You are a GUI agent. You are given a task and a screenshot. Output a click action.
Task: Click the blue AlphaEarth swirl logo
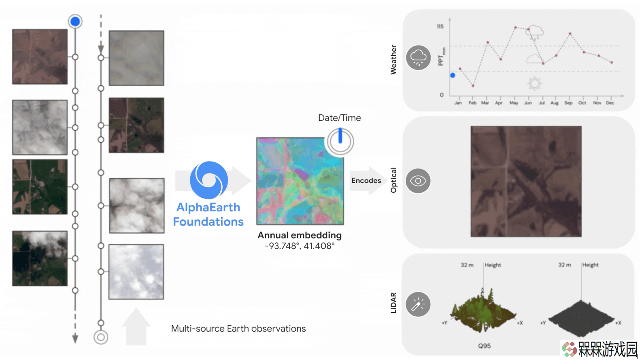click(x=209, y=180)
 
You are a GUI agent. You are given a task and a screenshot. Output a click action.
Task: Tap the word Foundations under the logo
click(x=208, y=222)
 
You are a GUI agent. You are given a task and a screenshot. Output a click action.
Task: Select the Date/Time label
click(x=340, y=118)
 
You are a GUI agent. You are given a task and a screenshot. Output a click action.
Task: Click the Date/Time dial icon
click(x=340, y=141)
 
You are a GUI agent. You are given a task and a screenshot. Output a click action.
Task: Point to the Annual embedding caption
click(x=300, y=235)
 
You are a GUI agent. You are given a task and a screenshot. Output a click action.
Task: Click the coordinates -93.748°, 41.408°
click(x=300, y=246)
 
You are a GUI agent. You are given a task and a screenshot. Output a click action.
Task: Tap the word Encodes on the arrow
click(x=366, y=180)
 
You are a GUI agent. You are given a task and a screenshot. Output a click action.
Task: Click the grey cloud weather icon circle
click(x=418, y=58)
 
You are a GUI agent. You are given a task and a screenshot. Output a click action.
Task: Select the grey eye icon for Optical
click(x=418, y=181)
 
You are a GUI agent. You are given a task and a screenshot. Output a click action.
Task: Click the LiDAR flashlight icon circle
click(x=418, y=304)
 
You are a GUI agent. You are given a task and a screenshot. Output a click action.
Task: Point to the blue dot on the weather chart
click(x=452, y=76)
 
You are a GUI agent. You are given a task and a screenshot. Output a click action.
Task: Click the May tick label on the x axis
click(x=514, y=103)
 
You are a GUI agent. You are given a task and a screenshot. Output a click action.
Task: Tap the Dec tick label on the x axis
click(x=610, y=103)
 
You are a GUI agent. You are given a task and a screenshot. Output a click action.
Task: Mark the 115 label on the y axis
click(x=440, y=26)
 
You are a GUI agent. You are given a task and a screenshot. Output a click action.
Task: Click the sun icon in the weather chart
click(x=534, y=84)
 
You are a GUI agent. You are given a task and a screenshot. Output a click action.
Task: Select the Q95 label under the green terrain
click(x=484, y=346)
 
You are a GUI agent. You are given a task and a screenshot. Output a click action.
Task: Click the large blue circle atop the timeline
click(x=75, y=22)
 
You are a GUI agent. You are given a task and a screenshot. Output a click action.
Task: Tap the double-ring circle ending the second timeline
click(x=101, y=338)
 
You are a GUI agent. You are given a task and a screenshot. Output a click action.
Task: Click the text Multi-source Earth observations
click(x=238, y=328)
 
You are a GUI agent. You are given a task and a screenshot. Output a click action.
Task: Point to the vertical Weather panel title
click(x=394, y=60)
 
